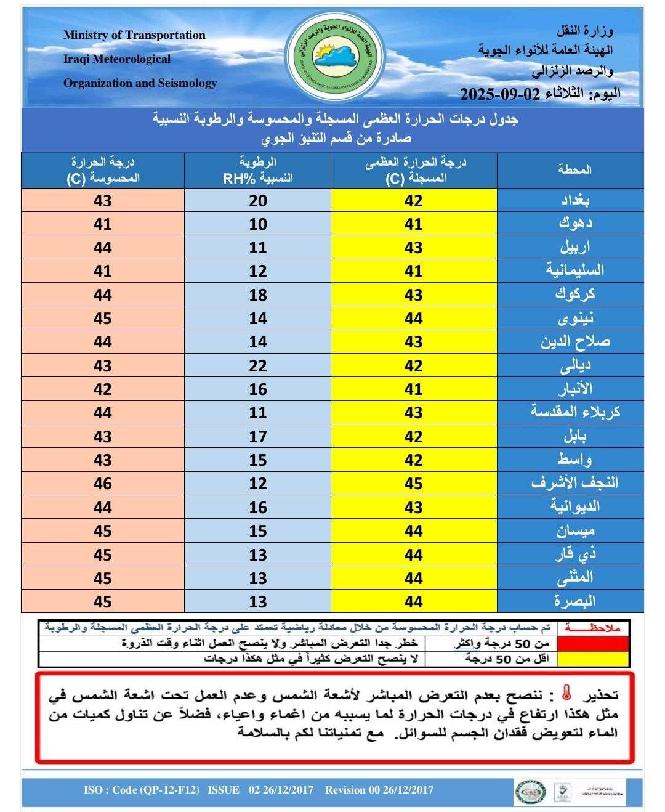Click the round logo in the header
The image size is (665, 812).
tap(336, 57)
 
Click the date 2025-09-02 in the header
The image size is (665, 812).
tap(500, 94)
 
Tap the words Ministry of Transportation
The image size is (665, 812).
tap(134, 35)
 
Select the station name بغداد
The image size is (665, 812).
tap(575, 200)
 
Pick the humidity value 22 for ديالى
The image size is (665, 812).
tap(258, 365)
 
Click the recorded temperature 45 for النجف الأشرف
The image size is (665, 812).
tap(414, 484)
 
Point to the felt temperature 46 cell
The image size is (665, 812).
tap(103, 484)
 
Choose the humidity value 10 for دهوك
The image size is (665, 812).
tap(258, 224)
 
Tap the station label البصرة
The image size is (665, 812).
tap(575, 601)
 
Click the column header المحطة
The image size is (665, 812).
tap(574, 169)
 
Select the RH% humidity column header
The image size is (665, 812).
tap(257, 171)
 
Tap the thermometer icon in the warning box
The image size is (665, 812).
tap(567, 694)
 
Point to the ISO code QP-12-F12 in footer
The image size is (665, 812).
tap(142, 790)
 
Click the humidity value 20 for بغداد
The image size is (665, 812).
tap(258, 200)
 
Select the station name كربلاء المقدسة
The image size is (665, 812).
tap(575, 412)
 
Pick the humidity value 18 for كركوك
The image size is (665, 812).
tap(258, 295)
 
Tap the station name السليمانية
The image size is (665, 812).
tap(575, 270)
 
